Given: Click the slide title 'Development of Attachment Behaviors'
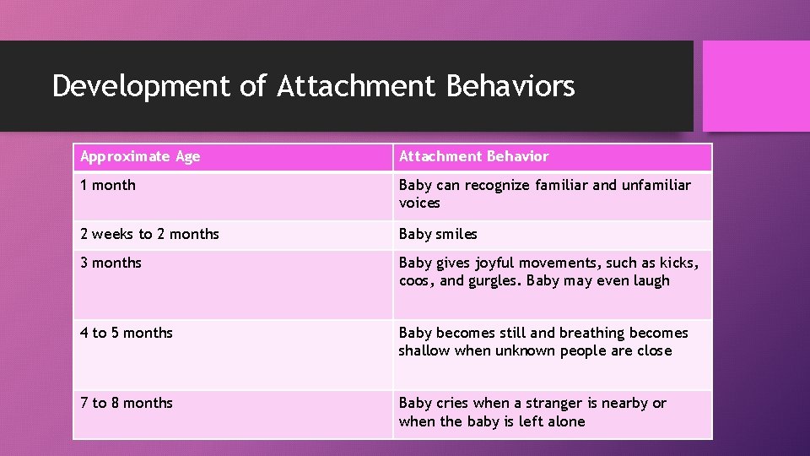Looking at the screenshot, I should tap(313, 86).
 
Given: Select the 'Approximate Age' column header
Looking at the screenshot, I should tap(140, 156).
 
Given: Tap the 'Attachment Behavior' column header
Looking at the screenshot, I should tap(473, 156).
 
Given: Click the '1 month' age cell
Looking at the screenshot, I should tap(108, 185).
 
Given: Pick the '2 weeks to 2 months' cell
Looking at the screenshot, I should tap(149, 234).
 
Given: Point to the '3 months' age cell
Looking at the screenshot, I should tap(111, 263).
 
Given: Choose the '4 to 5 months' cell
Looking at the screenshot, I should tap(127, 333).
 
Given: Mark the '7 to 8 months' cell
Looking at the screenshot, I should tap(127, 403).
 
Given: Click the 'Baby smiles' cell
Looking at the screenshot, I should tap(438, 234).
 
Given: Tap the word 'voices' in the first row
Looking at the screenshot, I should tap(419, 204).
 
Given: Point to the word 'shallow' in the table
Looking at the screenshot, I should tap(424, 350).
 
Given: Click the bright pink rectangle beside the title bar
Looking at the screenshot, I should tap(756, 86).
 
